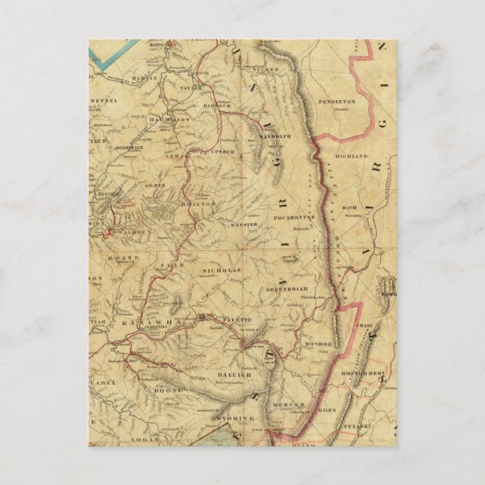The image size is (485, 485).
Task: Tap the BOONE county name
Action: point(163,392)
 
